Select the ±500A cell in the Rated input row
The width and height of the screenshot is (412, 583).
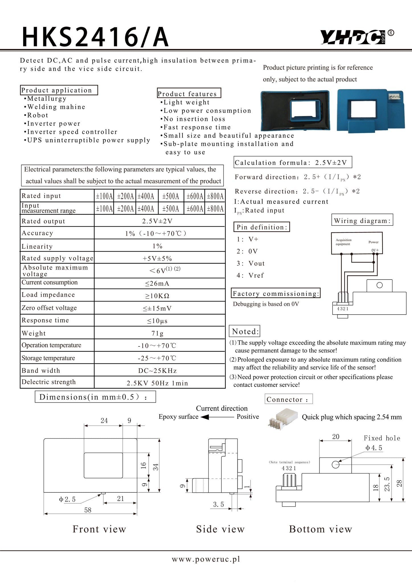click(171, 196)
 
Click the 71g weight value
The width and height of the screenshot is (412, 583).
click(157, 333)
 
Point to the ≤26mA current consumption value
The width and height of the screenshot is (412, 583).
click(157, 284)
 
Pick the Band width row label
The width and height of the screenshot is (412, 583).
click(41, 370)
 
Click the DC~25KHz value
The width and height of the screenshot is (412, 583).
click(157, 371)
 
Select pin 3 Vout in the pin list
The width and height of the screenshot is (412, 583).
click(251, 263)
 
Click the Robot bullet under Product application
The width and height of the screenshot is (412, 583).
click(37, 115)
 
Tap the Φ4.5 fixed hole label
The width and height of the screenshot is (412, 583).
click(374, 448)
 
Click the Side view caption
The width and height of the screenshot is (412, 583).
click(220, 529)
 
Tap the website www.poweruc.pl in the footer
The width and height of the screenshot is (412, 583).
click(206, 559)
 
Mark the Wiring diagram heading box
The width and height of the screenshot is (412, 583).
click(362, 221)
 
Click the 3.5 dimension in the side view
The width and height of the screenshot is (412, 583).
click(219, 504)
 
